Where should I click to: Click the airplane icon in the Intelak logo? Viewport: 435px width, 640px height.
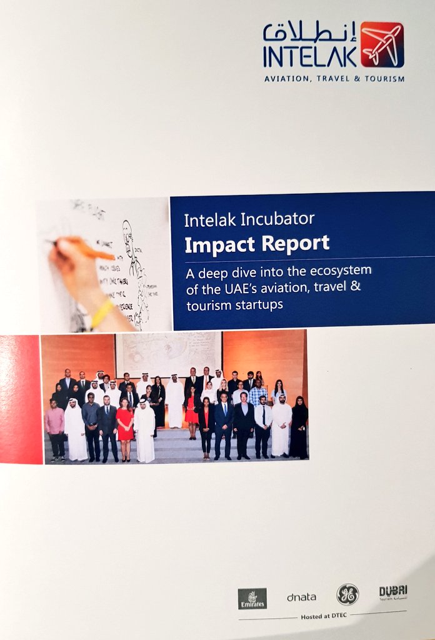tap(382, 45)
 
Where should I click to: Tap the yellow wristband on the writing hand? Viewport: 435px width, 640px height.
tap(102, 312)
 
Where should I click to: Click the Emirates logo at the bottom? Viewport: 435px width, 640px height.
tap(252, 598)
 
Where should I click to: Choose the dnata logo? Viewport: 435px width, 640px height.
tap(302, 597)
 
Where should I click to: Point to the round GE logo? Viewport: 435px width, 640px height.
tap(347, 594)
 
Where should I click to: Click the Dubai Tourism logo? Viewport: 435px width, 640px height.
tap(393, 592)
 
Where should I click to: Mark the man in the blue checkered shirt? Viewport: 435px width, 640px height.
tap(257, 394)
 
